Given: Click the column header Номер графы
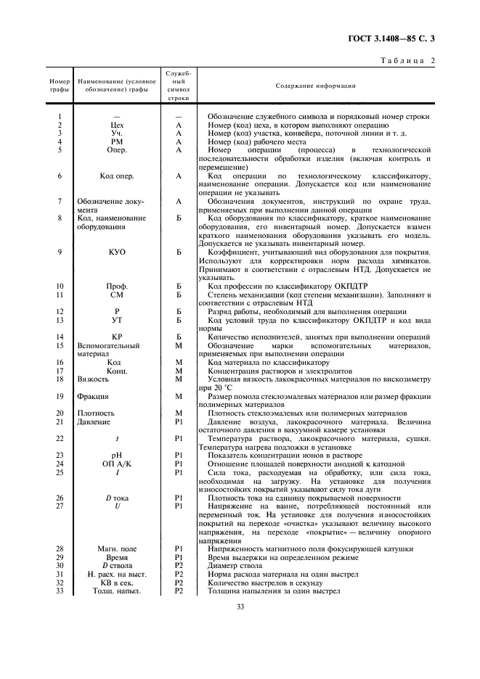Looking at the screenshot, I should tap(59, 86).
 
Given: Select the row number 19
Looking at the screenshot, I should tap(59, 396).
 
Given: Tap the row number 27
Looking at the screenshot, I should tap(59, 506).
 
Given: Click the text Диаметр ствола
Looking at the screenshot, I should tap(239, 565).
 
